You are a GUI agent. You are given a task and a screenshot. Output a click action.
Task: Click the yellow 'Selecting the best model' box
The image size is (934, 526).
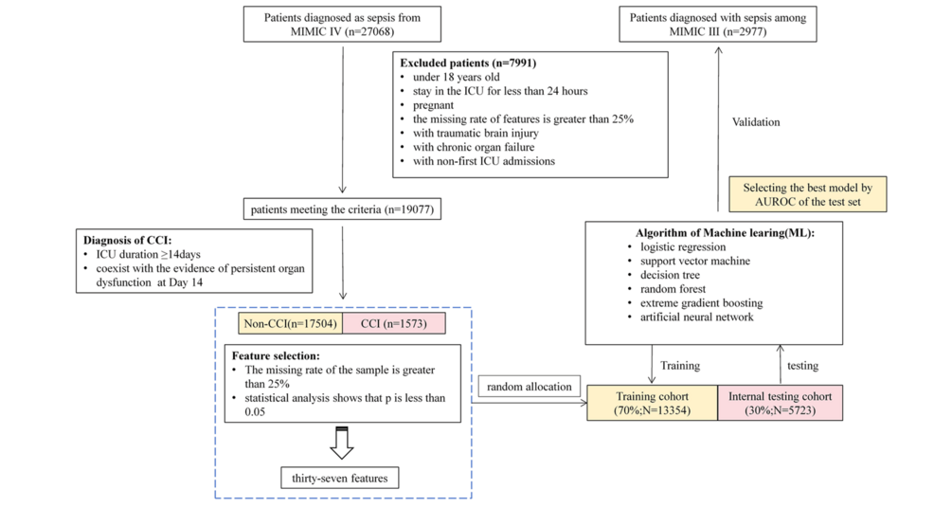tap(808, 193)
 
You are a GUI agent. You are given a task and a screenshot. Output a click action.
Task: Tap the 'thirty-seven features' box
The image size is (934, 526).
tap(339, 477)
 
